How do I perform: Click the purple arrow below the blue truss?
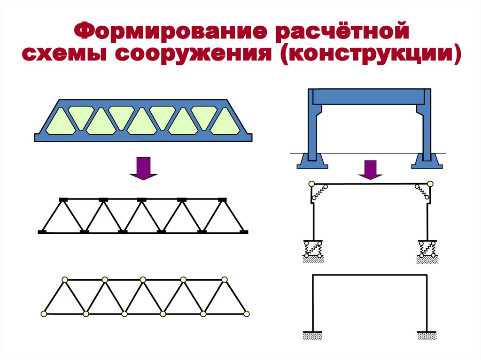click(x=143, y=169)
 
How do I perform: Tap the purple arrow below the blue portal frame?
click(x=371, y=169)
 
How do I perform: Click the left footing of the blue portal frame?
click(x=312, y=161)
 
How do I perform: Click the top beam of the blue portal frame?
click(x=369, y=96)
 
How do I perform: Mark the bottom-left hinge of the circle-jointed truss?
click(x=44, y=314)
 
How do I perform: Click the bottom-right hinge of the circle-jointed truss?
click(x=246, y=314)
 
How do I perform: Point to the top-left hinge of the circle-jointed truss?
click(x=64, y=280)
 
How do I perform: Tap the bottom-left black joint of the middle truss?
click(x=42, y=232)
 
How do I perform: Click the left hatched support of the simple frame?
click(x=312, y=335)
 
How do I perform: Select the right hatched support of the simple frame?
click(x=427, y=335)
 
